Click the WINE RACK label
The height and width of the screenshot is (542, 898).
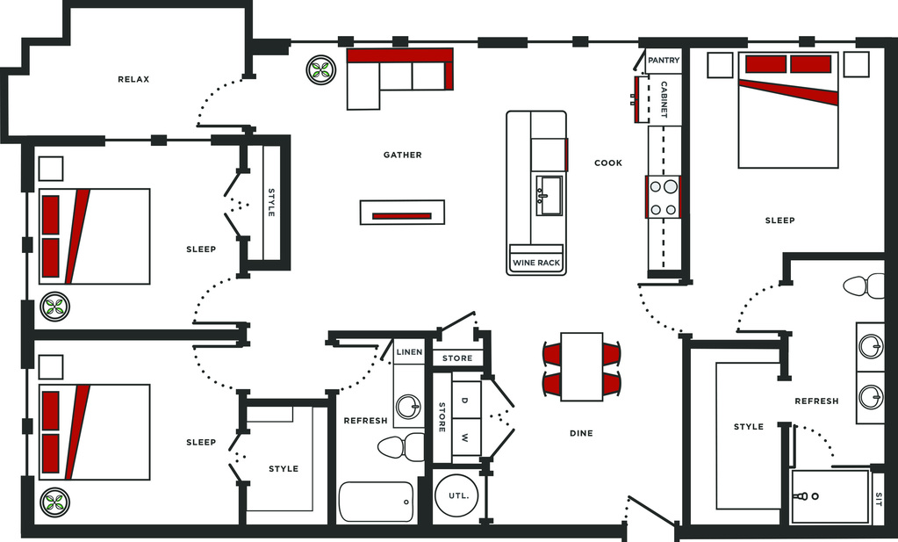(x=536, y=263)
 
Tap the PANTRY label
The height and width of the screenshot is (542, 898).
(x=664, y=60)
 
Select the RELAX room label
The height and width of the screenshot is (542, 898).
(x=133, y=79)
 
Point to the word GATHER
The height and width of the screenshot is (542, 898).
(x=403, y=155)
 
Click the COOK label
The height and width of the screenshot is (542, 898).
(x=608, y=163)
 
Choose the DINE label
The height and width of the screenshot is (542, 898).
(x=581, y=433)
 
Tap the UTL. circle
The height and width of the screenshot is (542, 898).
(x=456, y=495)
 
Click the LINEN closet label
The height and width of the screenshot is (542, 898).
(x=409, y=351)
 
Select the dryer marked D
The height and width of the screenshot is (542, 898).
(x=466, y=400)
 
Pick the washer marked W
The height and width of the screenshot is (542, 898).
(x=466, y=437)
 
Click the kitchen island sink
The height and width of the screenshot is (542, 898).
(x=550, y=195)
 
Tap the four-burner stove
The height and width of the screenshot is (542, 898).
(x=664, y=197)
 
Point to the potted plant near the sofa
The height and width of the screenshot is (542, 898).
(x=320, y=70)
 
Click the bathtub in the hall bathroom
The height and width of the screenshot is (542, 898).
(x=376, y=502)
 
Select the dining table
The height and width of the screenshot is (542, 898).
(x=581, y=366)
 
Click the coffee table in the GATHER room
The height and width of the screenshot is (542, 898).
(x=402, y=212)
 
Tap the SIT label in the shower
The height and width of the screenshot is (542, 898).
(x=879, y=496)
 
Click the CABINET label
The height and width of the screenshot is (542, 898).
(x=664, y=99)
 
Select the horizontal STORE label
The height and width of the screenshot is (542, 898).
(x=457, y=358)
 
